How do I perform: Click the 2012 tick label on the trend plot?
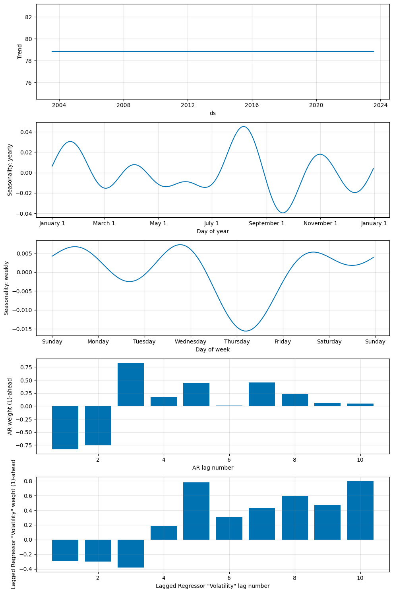point(188,105)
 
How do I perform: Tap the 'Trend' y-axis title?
point(20,52)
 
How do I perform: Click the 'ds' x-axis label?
point(213,113)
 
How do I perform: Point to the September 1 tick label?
point(266,224)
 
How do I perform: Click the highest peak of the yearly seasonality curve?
point(244,127)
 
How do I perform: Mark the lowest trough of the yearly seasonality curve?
point(283,213)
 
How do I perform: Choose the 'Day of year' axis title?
point(213,231)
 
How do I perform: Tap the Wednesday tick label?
point(190,342)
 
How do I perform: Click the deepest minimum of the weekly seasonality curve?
point(246,331)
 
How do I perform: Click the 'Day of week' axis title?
point(213,349)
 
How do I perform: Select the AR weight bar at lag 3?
point(131,384)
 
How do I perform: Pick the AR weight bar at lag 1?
point(65,427)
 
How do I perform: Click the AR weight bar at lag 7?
point(262,394)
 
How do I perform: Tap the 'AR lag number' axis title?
point(213,468)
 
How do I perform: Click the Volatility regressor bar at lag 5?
point(196,511)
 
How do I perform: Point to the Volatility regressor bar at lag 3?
point(131,553)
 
